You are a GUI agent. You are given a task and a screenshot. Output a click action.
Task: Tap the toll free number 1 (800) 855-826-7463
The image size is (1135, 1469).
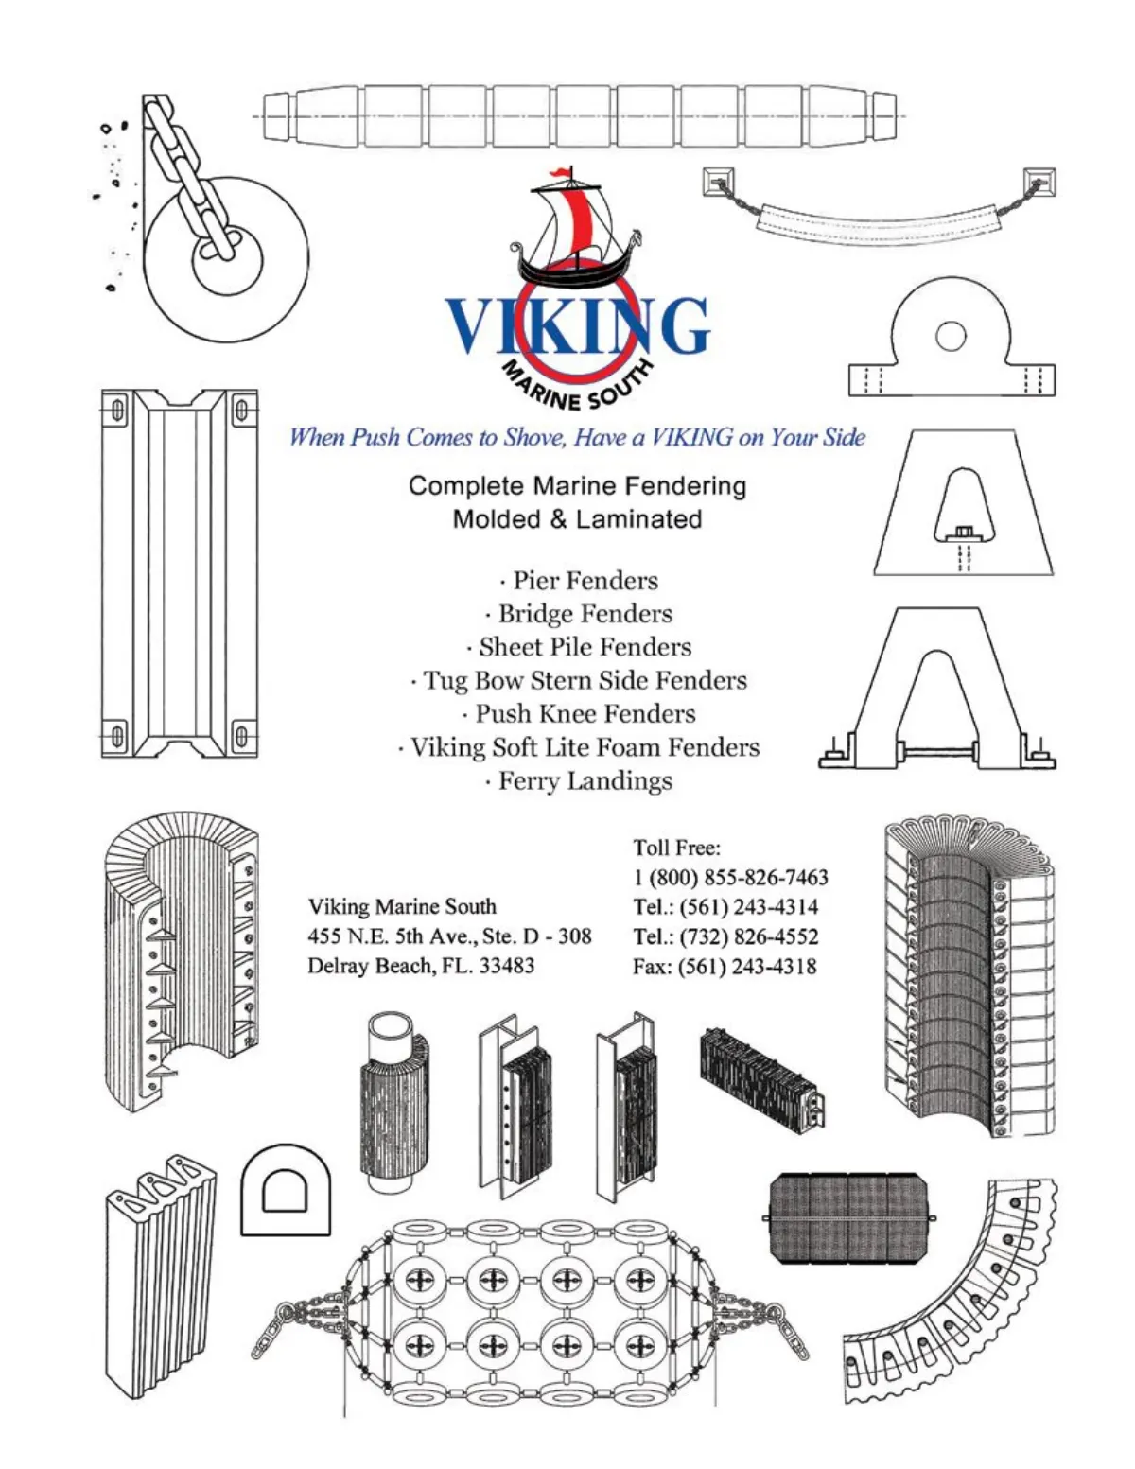[x=730, y=877]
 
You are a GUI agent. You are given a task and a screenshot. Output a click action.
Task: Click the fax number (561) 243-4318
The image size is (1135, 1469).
[x=747, y=967]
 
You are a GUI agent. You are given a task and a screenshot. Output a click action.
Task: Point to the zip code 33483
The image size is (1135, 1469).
[x=506, y=966]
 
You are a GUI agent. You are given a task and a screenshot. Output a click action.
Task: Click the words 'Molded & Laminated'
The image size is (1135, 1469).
[x=577, y=519]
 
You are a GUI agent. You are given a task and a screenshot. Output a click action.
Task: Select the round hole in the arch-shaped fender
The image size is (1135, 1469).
[x=950, y=336]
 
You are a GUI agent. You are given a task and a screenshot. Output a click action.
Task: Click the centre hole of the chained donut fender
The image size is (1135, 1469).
[x=228, y=255]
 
